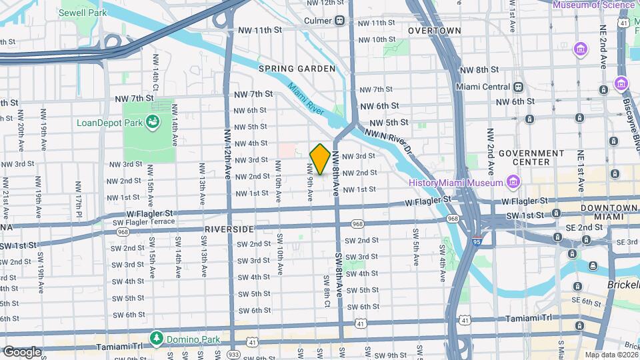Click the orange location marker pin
point(320,159)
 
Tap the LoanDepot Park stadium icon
point(153,122)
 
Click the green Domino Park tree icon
point(157,338)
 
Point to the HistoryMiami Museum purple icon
point(513,182)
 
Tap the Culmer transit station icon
point(340,20)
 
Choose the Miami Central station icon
point(518,87)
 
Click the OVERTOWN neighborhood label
point(434,31)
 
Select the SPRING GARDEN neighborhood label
point(297,69)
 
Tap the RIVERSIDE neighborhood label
point(229,229)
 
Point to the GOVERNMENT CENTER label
point(532,157)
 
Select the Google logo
point(22,351)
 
